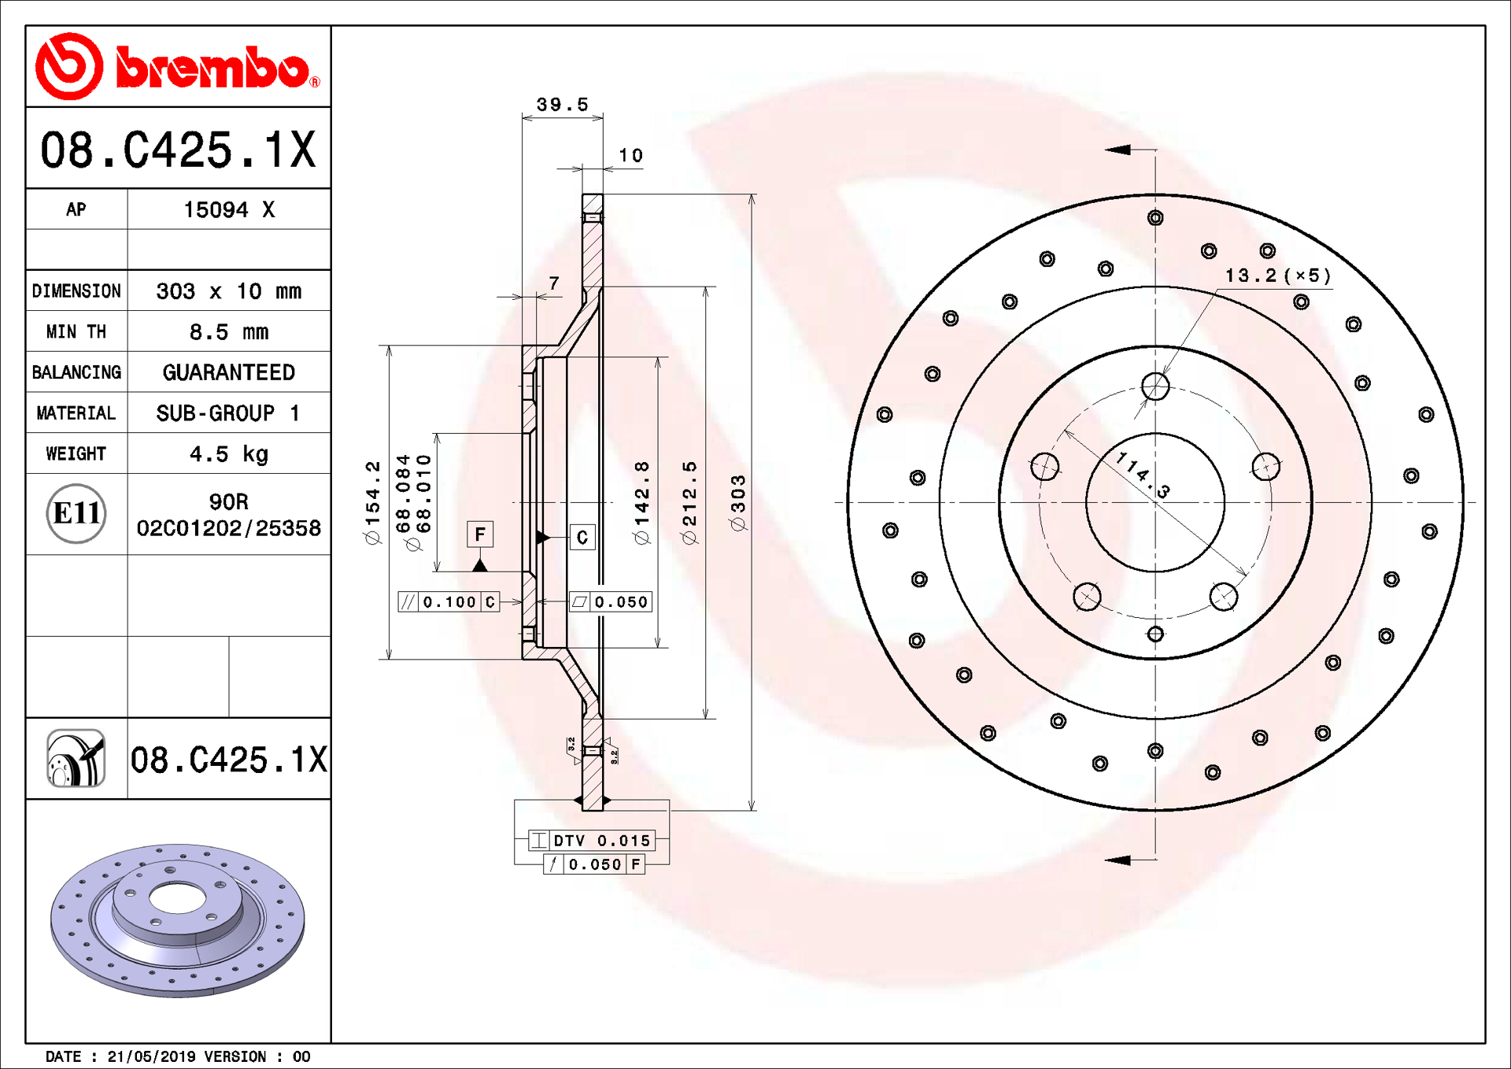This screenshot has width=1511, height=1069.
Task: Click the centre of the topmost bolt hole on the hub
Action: tap(1155, 387)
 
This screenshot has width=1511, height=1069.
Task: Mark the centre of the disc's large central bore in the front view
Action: tap(1155, 502)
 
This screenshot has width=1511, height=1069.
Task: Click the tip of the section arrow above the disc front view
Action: tap(1105, 150)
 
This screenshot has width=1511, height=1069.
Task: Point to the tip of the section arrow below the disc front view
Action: tap(1105, 860)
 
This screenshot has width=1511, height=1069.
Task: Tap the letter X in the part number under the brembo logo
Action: tap(302, 150)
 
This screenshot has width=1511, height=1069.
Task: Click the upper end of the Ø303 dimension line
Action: tap(752, 194)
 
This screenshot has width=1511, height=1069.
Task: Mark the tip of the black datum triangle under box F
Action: tap(480, 559)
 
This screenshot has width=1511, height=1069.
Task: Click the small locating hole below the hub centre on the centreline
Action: tap(1155, 634)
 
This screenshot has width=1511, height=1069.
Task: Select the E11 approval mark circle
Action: tap(76, 513)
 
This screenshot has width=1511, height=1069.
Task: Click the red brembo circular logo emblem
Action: tap(69, 66)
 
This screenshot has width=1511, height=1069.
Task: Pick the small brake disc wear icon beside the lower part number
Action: tap(76, 758)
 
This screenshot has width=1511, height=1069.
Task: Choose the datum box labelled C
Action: tap(582, 538)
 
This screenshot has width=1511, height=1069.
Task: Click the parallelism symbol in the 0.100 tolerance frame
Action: tap(408, 602)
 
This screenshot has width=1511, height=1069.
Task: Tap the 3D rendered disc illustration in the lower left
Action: tap(178, 920)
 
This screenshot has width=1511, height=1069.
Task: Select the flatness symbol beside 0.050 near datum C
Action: tap(579, 602)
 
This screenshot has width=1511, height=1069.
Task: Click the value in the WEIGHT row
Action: tap(229, 454)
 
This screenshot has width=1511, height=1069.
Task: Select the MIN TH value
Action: tap(229, 332)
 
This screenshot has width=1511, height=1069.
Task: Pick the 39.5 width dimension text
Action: tap(562, 105)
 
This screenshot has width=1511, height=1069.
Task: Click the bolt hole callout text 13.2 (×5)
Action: tap(1278, 276)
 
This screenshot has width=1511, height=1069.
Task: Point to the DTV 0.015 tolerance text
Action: tap(602, 841)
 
